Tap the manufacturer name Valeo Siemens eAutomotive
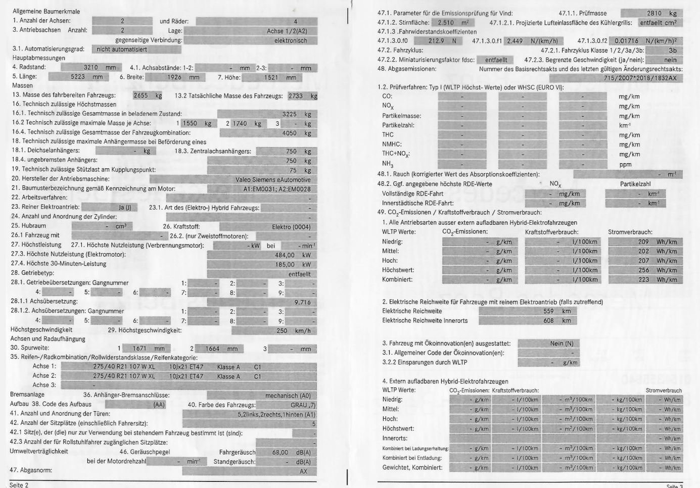(x=273, y=179)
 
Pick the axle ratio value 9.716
(x=302, y=302)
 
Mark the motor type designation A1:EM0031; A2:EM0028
(x=277, y=189)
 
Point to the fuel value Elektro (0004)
(x=291, y=227)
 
